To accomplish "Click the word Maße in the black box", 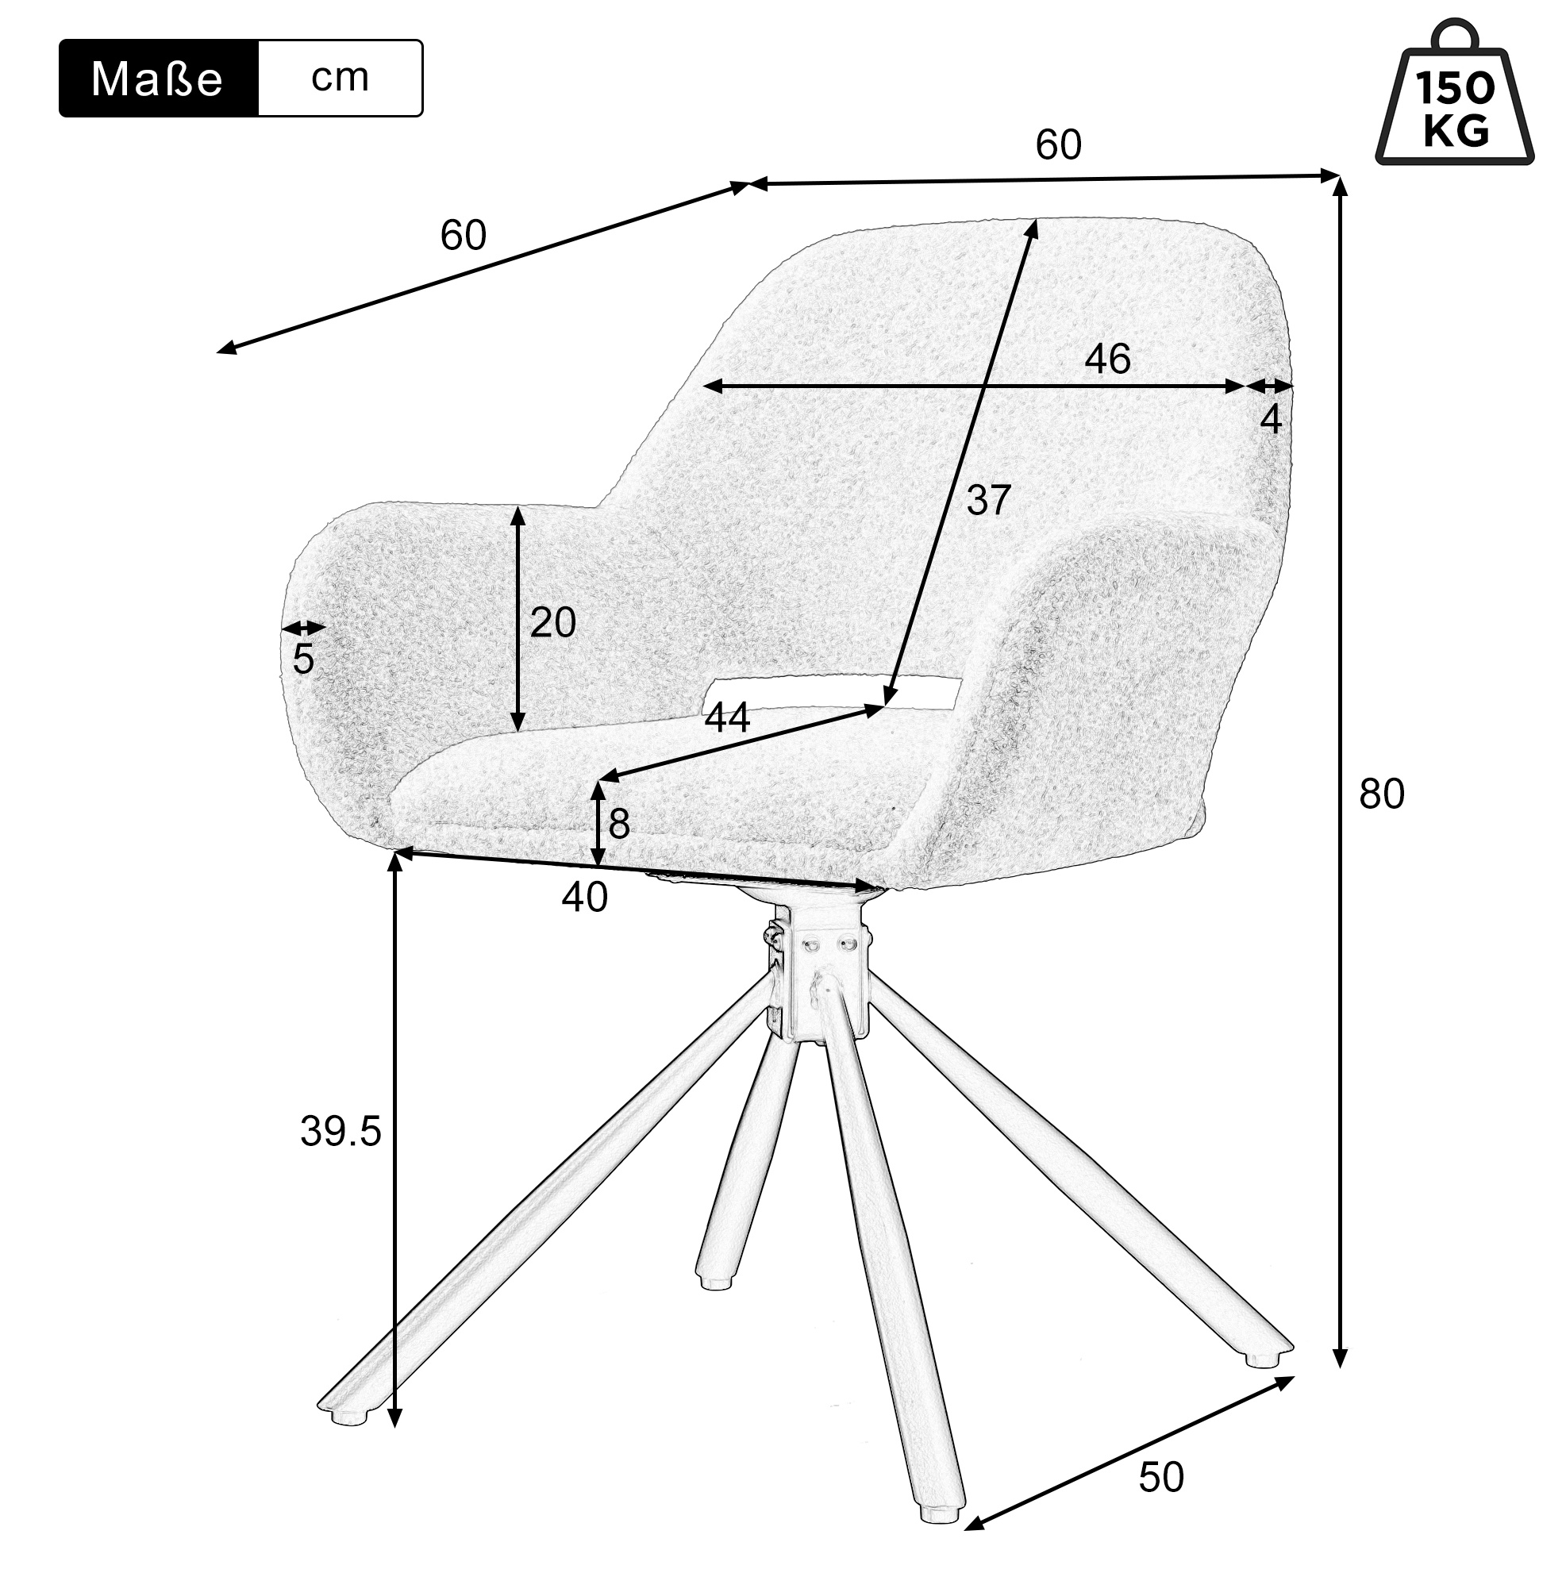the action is pos(156,79).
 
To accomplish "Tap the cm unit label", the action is pos(341,77).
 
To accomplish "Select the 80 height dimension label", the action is pos(1382,794).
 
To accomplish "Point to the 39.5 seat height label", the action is pos(341,1131).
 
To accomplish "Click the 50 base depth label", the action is pos(1161,1477).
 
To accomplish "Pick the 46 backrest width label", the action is pos(1107,359).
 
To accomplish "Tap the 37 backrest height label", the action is pos(989,500).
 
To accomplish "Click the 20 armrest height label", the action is pos(553,623).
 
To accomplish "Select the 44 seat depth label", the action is pos(727,718).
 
